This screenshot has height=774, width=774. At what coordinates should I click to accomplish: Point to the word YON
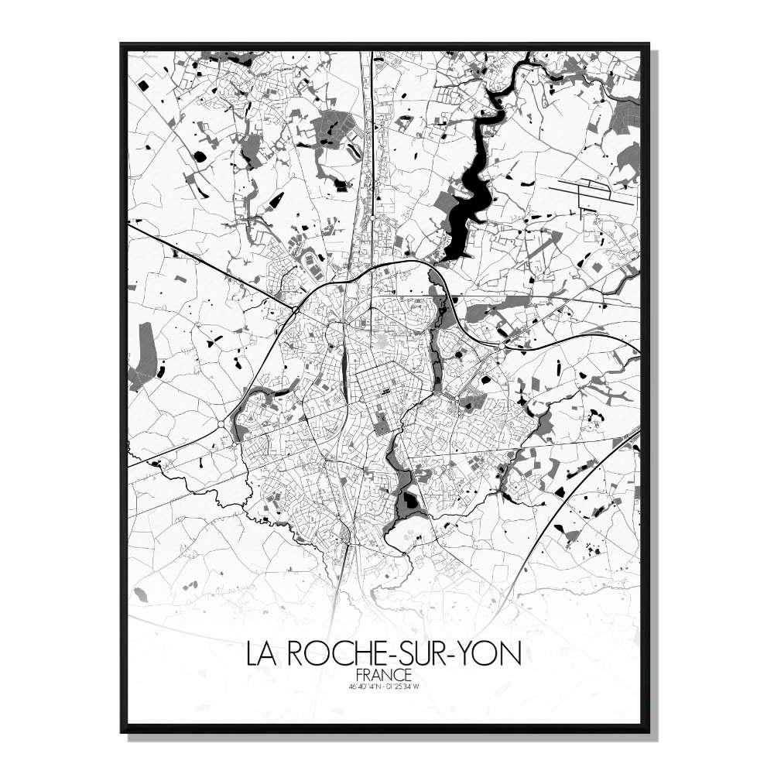(493, 654)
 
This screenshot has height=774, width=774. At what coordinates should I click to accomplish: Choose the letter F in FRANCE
(362, 675)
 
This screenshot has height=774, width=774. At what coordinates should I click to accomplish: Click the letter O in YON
(492, 654)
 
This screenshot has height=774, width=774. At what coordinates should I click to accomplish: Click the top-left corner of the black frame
(122, 44)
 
